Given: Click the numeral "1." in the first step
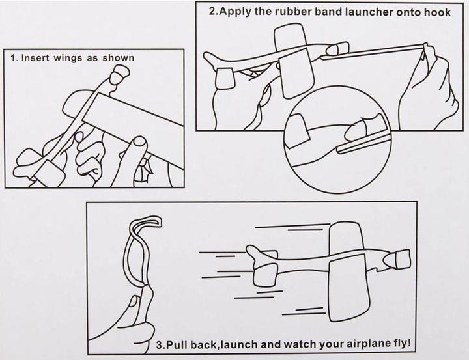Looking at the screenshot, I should [x=14, y=58].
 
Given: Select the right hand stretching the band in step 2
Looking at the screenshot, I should [x=423, y=85].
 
